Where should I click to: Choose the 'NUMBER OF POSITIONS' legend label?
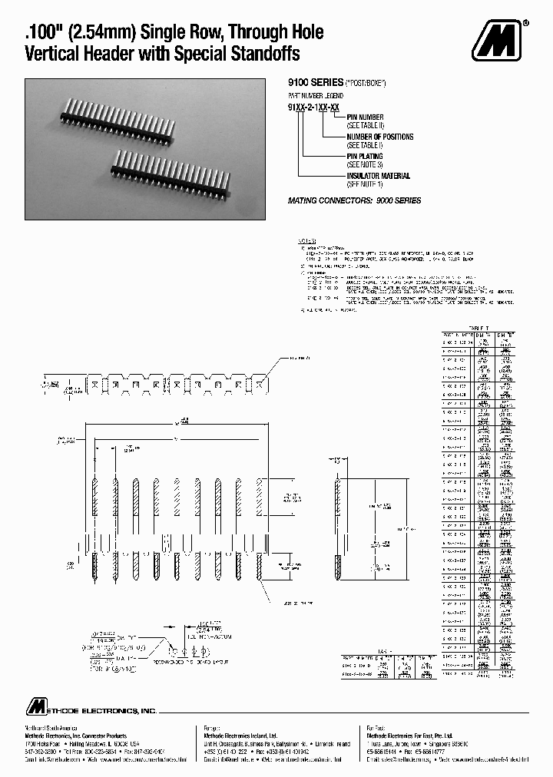[x=379, y=137]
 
